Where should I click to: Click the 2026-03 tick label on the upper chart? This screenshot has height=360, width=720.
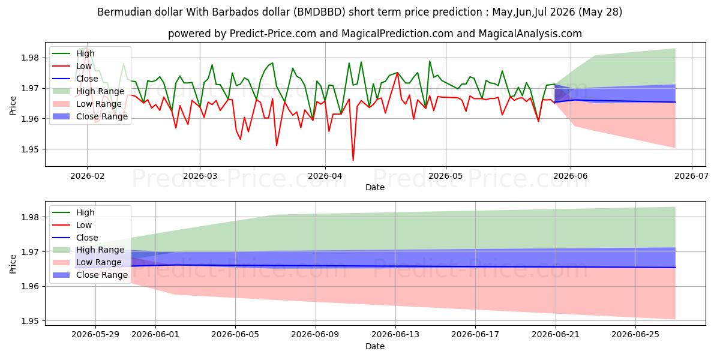pyautogui.click(x=200, y=176)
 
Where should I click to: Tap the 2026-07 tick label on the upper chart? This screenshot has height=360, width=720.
pyautogui.click(x=691, y=176)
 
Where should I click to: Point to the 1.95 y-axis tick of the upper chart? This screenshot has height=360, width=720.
pyautogui.click(x=30, y=149)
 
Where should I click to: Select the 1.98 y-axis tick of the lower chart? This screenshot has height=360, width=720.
pyautogui.click(x=30, y=217)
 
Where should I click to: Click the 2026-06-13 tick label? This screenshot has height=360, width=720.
pyautogui.click(x=395, y=335)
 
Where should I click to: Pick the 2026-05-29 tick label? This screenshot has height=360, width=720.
pyautogui.click(x=95, y=335)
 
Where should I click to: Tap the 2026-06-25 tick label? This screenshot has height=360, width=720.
pyautogui.click(x=635, y=335)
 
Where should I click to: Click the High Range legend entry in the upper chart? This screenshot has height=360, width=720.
pyautogui.click(x=88, y=91)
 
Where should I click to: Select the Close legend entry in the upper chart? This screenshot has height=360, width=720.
pyautogui.click(x=75, y=79)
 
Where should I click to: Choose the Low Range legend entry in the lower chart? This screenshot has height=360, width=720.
pyautogui.click(x=87, y=262)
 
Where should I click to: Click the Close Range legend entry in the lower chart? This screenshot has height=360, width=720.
pyautogui.click(x=89, y=275)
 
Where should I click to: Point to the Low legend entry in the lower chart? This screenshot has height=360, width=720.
pyautogui.click(x=72, y=225)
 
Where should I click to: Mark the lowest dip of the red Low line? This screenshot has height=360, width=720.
pyautogui.click(x=353, y=160)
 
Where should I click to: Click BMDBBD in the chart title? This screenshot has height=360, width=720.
pyautogui.click(x=319, y=12)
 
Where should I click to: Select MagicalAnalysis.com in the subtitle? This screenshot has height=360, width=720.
pyautogui.click(x=530, y=34)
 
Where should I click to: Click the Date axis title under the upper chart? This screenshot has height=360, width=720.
pyautogui.click(x=375, y=187)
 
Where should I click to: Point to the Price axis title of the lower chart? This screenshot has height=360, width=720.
pyautogui.click(x=13, y=264)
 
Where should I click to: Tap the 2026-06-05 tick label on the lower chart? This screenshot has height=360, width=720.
pyautogui.click(x=235, y=335)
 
